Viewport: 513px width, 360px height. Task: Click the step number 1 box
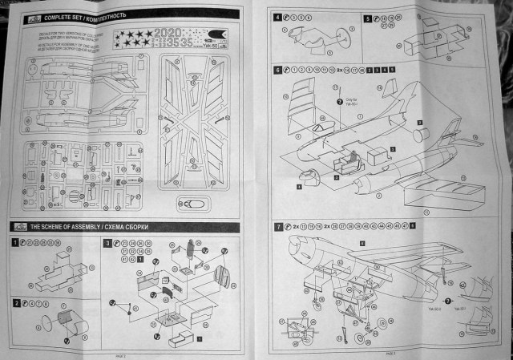click(x=15, y=241)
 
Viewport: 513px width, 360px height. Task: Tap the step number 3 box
click(x=107, y=241)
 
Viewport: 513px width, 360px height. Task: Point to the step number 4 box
click(x=278, y=17)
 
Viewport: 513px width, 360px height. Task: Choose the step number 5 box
click(x=368, y=17)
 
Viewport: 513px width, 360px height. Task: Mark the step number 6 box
click(x=278, y=71)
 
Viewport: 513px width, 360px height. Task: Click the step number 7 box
click(x=278, y=227)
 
